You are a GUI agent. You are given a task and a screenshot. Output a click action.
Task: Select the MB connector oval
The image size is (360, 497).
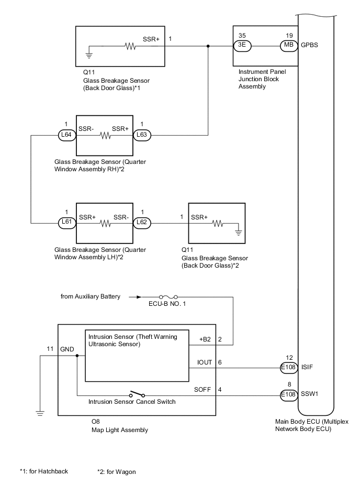[x=288, y=46]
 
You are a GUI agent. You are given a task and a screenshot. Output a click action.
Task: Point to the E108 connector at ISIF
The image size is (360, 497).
[x=288, y=367]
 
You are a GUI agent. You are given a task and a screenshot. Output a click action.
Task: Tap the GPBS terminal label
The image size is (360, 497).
[x=309, y=46]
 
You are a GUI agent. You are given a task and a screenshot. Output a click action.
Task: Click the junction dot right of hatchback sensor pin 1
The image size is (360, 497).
[x=209, y=46]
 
